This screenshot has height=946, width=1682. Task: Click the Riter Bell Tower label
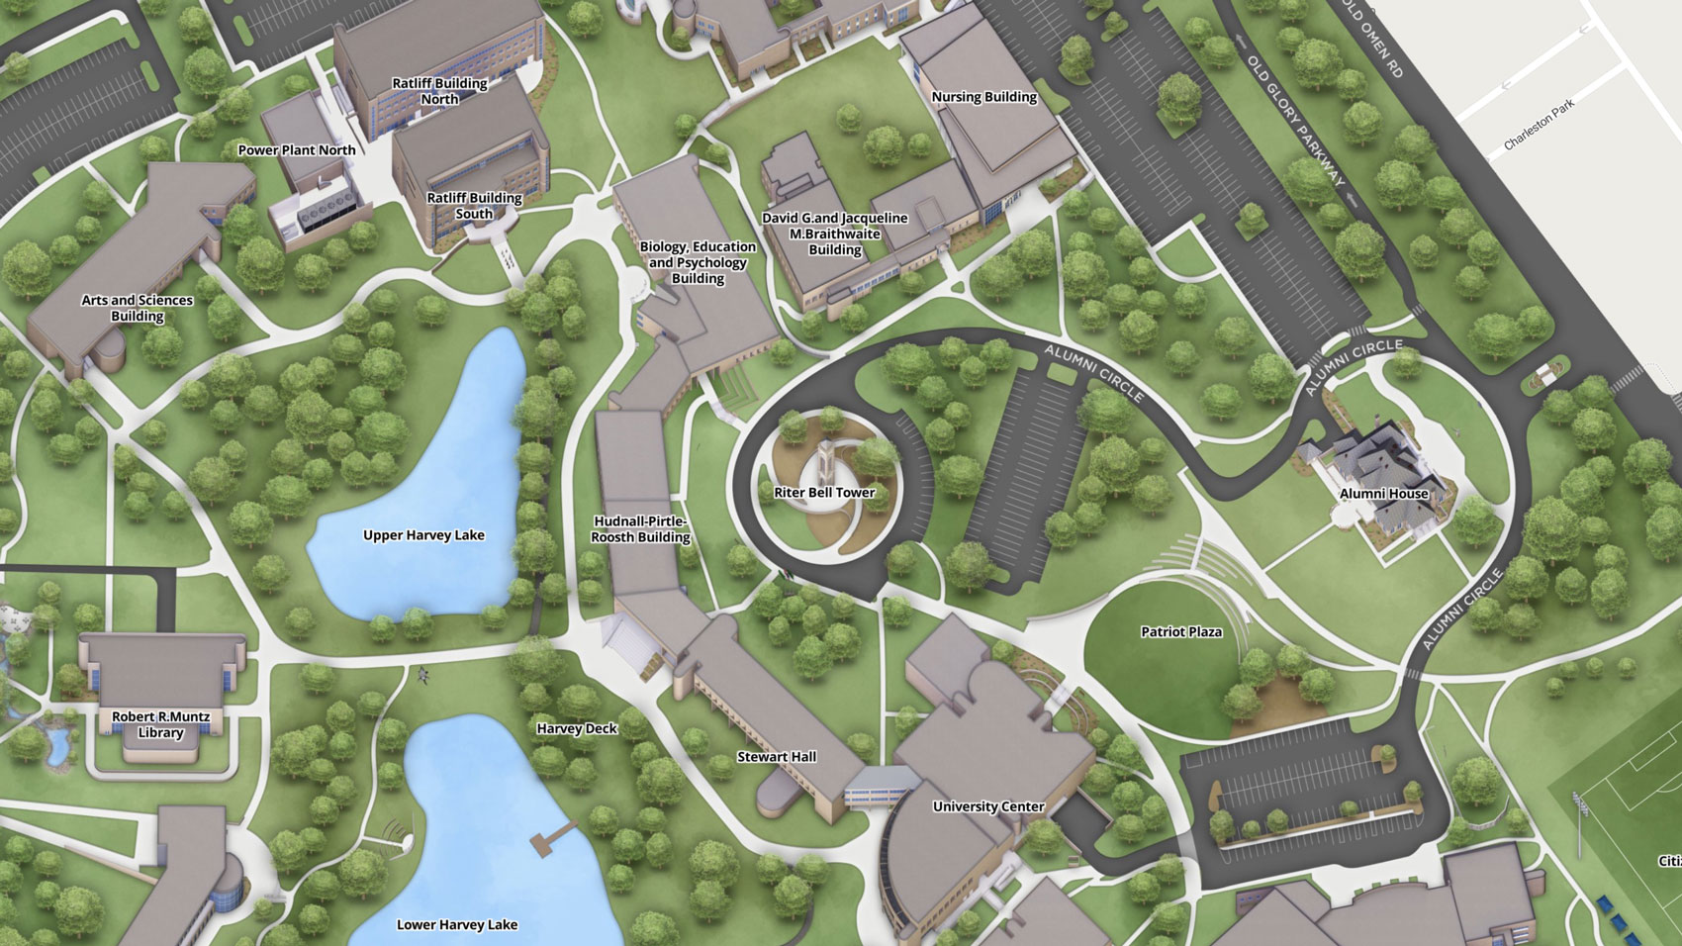[x=824, y=492]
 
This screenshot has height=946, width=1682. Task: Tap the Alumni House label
[x=1383, y=494]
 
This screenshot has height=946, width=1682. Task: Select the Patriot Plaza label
[x=1181, y=631]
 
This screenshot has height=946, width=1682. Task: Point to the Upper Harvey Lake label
[x=423, y=535]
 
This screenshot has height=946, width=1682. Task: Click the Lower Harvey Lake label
[x=457, y=925]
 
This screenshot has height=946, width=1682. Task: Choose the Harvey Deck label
[x=577, y=728]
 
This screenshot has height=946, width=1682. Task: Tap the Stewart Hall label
[x=777, y=757]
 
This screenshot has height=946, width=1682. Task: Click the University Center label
[x=988, y=806]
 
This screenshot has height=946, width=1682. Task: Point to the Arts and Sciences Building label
[x=138, y=308]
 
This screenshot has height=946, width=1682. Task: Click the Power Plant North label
[x=297, y=150]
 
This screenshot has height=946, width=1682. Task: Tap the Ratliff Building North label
[x=439, y=91]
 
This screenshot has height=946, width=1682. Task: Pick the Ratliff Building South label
[x=474, y=206]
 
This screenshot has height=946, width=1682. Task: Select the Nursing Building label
[x=983, y=97]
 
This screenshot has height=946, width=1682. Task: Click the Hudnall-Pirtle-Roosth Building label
[x=640, y=529]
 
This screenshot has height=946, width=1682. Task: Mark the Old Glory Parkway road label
[x=1296, y=120]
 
